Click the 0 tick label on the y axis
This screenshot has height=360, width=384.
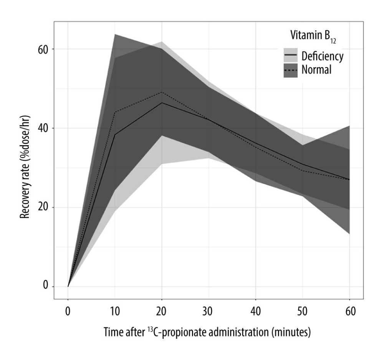pos(45,287)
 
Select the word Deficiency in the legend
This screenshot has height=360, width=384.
pos(322,56)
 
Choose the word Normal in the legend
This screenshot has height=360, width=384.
pos(316,70)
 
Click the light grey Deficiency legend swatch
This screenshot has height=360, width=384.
pos(290,56)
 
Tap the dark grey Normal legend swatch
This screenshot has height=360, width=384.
pos(290,70)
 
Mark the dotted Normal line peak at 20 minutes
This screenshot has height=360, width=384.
pos(162,92)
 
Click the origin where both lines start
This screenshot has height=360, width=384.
pos(68,287)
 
